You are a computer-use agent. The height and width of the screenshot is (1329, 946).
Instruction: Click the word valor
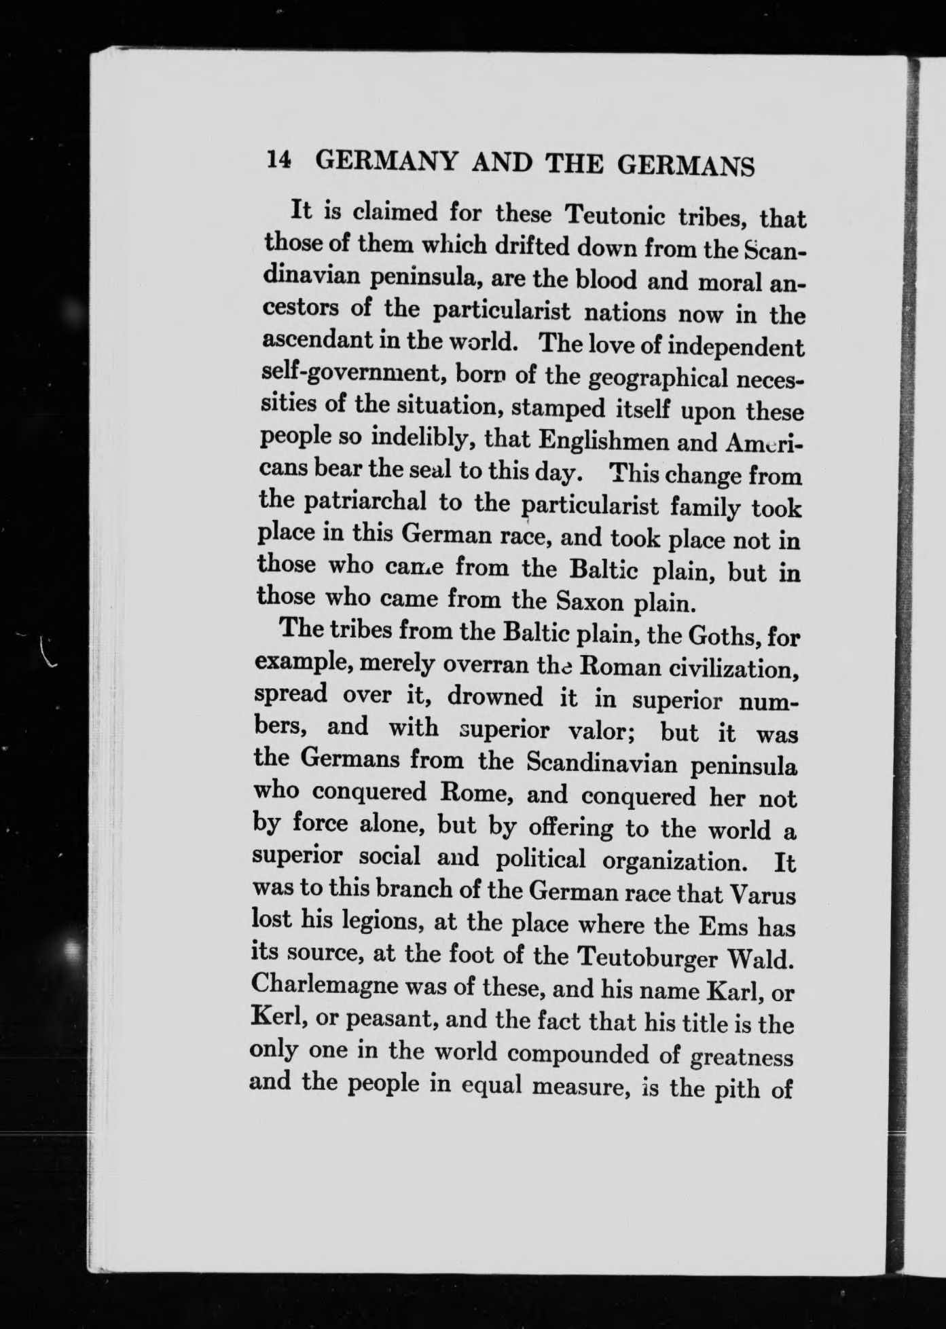coord(598,732)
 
